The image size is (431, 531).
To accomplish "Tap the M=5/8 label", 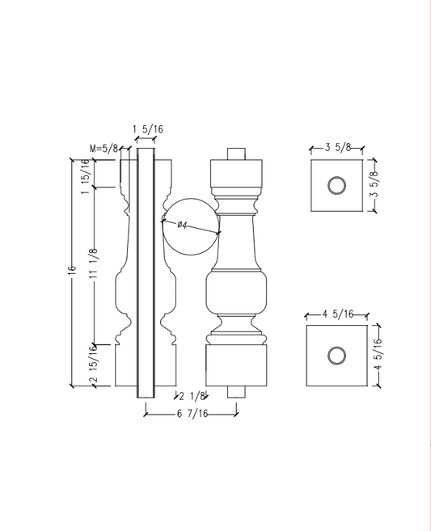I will click(104, 149).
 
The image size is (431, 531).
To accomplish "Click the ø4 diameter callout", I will click(182, 225).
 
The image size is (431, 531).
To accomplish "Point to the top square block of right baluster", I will click(236, 174).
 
